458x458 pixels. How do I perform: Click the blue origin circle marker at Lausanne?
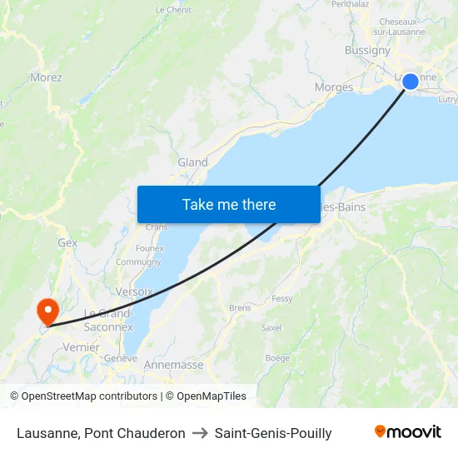[411, 82]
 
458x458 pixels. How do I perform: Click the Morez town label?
[46, 77]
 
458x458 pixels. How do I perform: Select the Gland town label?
[192, 162]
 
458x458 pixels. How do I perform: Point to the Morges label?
[334, 87]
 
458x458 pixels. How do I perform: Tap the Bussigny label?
[367, 51]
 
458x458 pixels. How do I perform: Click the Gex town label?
[67, 242]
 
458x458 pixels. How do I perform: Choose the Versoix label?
[135, 292]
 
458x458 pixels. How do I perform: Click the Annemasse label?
[173, 365]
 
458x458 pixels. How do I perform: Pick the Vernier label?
[81, 347]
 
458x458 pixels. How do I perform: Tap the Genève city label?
[121, 358]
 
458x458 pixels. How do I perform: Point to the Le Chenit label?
[173, 10]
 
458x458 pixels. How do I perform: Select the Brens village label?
[240, 307]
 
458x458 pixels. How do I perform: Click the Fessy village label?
[282, 298]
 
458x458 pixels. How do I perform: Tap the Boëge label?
[277, 357]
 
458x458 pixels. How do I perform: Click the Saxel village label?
[271, 328]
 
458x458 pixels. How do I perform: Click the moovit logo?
[408, 432]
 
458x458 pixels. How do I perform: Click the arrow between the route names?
[200, 433]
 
